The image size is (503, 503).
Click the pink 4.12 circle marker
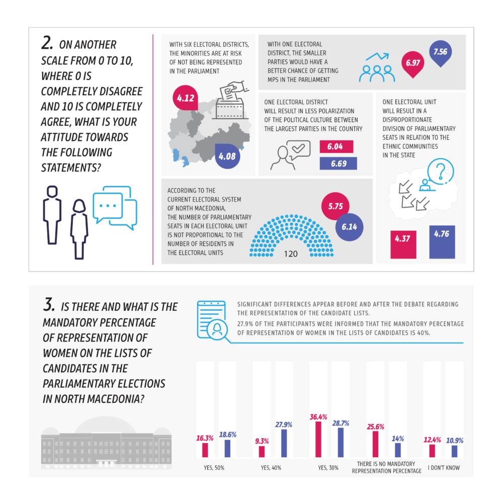186,98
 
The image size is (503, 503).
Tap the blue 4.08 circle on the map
227,156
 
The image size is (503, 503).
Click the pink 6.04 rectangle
337,146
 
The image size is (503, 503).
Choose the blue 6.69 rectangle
339,163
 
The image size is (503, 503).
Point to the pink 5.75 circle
336,206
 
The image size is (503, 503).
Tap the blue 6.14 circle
350,227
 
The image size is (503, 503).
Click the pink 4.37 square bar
403,244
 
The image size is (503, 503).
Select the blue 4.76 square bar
442,242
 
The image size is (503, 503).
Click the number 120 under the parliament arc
291,254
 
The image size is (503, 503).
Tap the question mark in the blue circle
441,172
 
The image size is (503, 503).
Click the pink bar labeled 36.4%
318,439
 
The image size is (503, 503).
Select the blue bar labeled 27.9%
284,443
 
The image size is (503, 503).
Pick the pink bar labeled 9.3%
262,452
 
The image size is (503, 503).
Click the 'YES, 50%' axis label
214,468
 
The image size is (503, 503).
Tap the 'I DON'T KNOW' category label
444,468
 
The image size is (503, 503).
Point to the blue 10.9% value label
455,441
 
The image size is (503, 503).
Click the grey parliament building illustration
106,443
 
